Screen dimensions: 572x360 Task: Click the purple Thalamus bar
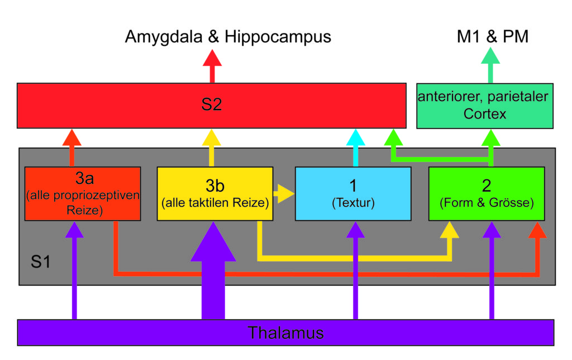tap(285, 332)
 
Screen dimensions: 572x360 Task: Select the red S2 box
tap(212, 106)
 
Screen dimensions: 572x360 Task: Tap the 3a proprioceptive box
tap(83, 193)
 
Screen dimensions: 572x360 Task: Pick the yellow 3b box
tap(215, 193)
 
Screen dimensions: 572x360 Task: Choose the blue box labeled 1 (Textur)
tap(353, 193)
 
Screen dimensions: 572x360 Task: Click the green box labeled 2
tap(487, 193)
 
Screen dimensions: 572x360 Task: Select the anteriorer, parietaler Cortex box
tap(485, 106)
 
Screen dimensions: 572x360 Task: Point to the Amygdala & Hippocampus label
tap(228, 36)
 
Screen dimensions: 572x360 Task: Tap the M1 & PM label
tap(493, 36)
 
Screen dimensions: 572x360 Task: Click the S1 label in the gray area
tap(40, 262)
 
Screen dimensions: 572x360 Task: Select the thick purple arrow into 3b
tap(213, 270)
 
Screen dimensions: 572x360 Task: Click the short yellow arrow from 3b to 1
tap(284, 193)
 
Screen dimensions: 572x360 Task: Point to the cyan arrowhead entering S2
tap(356, 138)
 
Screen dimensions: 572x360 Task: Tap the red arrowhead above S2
tap(212, 58)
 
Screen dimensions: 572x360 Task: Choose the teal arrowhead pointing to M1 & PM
tap(490, 55)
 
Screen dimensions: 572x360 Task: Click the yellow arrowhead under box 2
tap(450, 230)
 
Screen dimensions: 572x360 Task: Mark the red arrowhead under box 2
tap(537, 230)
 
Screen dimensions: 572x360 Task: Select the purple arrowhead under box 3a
tap(74, 230)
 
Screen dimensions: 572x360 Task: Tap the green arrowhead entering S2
tap(393, 138)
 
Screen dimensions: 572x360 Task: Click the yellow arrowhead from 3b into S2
tap(212, 138)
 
